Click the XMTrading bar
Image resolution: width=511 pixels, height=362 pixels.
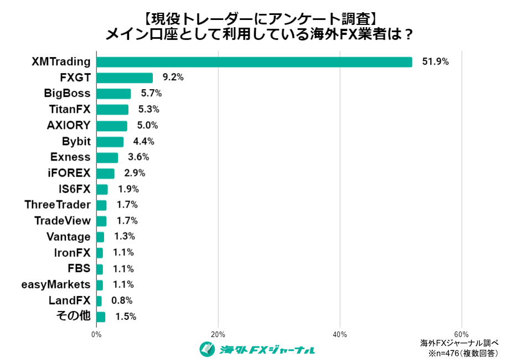(254, 62)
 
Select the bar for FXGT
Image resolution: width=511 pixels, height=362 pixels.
(125, 78)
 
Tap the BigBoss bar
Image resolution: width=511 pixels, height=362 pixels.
(113, 94)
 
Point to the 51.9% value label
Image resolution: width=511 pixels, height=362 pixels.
(435, 62)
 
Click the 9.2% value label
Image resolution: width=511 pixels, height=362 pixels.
(172, 78)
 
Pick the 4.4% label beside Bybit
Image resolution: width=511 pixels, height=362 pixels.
(143, 141)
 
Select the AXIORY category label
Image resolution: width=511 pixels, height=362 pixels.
(69, 126)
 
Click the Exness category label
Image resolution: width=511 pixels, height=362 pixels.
(70, 157)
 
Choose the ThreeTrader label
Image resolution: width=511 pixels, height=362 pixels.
(58, 205)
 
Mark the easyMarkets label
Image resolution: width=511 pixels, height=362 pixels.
(55, 285)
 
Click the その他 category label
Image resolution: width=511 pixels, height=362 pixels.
(74, 317)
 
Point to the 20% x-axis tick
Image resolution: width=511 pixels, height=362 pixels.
(218, 334)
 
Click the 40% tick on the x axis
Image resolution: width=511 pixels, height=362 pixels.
(340, 334)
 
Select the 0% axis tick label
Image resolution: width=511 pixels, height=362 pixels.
(96, 334)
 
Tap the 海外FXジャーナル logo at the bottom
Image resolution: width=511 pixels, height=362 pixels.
(257, 349)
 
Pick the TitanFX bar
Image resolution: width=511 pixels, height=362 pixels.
(112, 110)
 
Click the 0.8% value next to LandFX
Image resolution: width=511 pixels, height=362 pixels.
(122, 301)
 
